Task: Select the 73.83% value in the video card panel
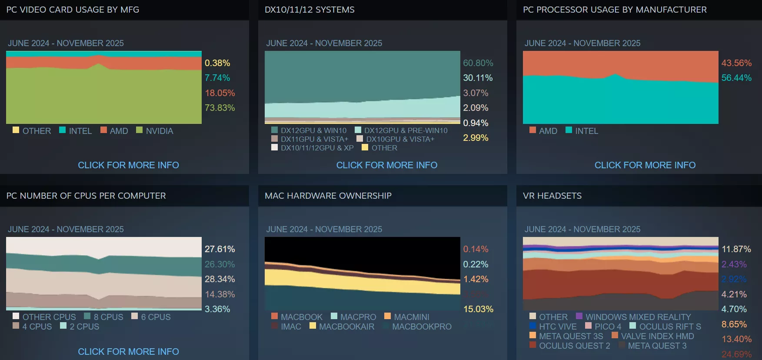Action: click(x=220, y=108)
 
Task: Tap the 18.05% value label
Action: click(x=220, y=93)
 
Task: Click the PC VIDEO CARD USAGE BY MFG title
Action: click(x=73, y=10)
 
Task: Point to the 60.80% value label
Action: click(x=478, y=63)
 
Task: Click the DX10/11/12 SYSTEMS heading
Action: click(x=309, y=10)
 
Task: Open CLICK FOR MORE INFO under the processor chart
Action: click(x=645, y=165)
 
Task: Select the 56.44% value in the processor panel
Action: click(x=736, y=78)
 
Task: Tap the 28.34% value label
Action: click(x=220, y=279)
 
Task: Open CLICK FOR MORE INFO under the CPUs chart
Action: click(x=128, y=351)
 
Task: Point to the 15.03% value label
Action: click(x=478, y=309)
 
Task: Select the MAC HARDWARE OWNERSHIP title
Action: click(x=328, y=196)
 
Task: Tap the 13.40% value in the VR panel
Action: click(x=736, y=339)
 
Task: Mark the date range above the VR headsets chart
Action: click(x=582, y=229)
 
